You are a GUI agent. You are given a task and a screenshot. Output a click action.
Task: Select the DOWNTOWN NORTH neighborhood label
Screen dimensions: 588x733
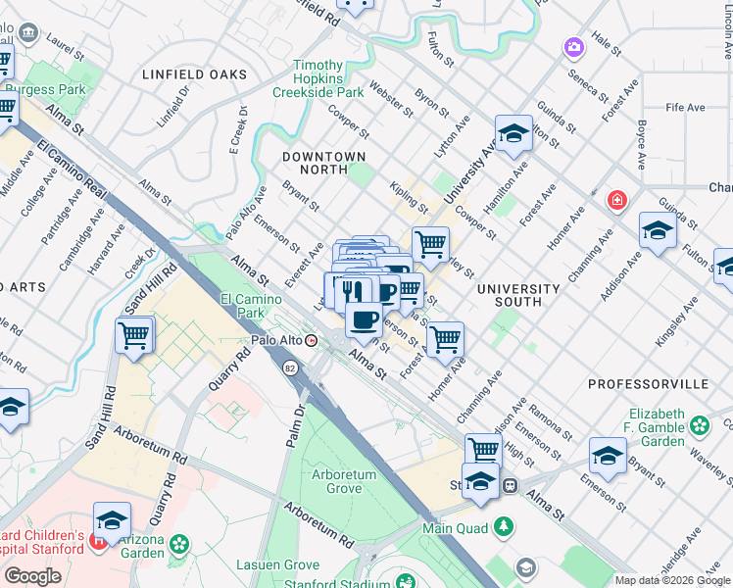pyautogui.click(x=323, y=163)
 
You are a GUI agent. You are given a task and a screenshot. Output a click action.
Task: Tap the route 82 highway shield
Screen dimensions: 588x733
pyautogui.click(x=290, y=367)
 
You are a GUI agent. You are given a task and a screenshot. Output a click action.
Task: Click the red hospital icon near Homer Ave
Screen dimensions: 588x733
pyautogui.click(x=616, y=201)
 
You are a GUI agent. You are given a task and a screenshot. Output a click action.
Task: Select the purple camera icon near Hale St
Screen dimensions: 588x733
pyautogui.click(x=573, y=46)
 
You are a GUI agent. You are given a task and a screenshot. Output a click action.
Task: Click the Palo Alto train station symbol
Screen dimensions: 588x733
pyautogui.click(x=312, y=341)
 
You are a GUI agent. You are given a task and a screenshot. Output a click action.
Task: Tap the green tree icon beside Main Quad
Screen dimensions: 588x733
pyautogui.click(x=503, y=527)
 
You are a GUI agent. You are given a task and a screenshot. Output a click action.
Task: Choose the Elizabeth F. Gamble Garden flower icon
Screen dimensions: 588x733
pyautogui.click(x=700, y=425)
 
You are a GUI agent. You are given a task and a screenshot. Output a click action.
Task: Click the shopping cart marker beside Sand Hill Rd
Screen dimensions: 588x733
pyautogui.click(x=134, y=335)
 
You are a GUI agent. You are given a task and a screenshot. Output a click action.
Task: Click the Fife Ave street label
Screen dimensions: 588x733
pyautogui.click(x=685, y=107)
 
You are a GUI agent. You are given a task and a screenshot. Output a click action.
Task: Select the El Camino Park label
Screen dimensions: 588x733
pyautogui.click(x=243, y=306)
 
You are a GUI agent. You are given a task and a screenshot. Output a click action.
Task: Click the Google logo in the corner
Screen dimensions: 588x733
pyautogui.click(x=32, y=575)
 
